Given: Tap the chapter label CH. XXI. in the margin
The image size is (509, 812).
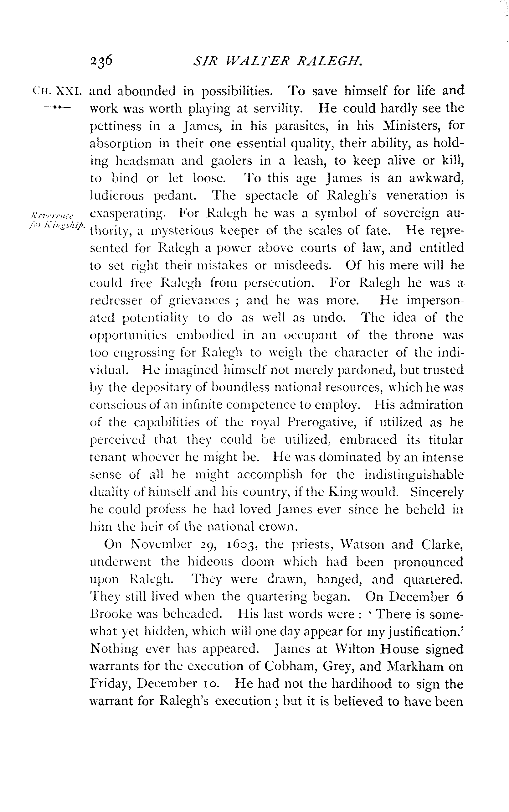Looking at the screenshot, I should pos(57,91).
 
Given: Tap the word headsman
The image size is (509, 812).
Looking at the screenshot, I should pos(145,161).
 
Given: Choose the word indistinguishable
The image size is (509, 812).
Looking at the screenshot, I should pos(414,475).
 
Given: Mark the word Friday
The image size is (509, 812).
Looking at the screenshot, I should pos(108,684).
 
